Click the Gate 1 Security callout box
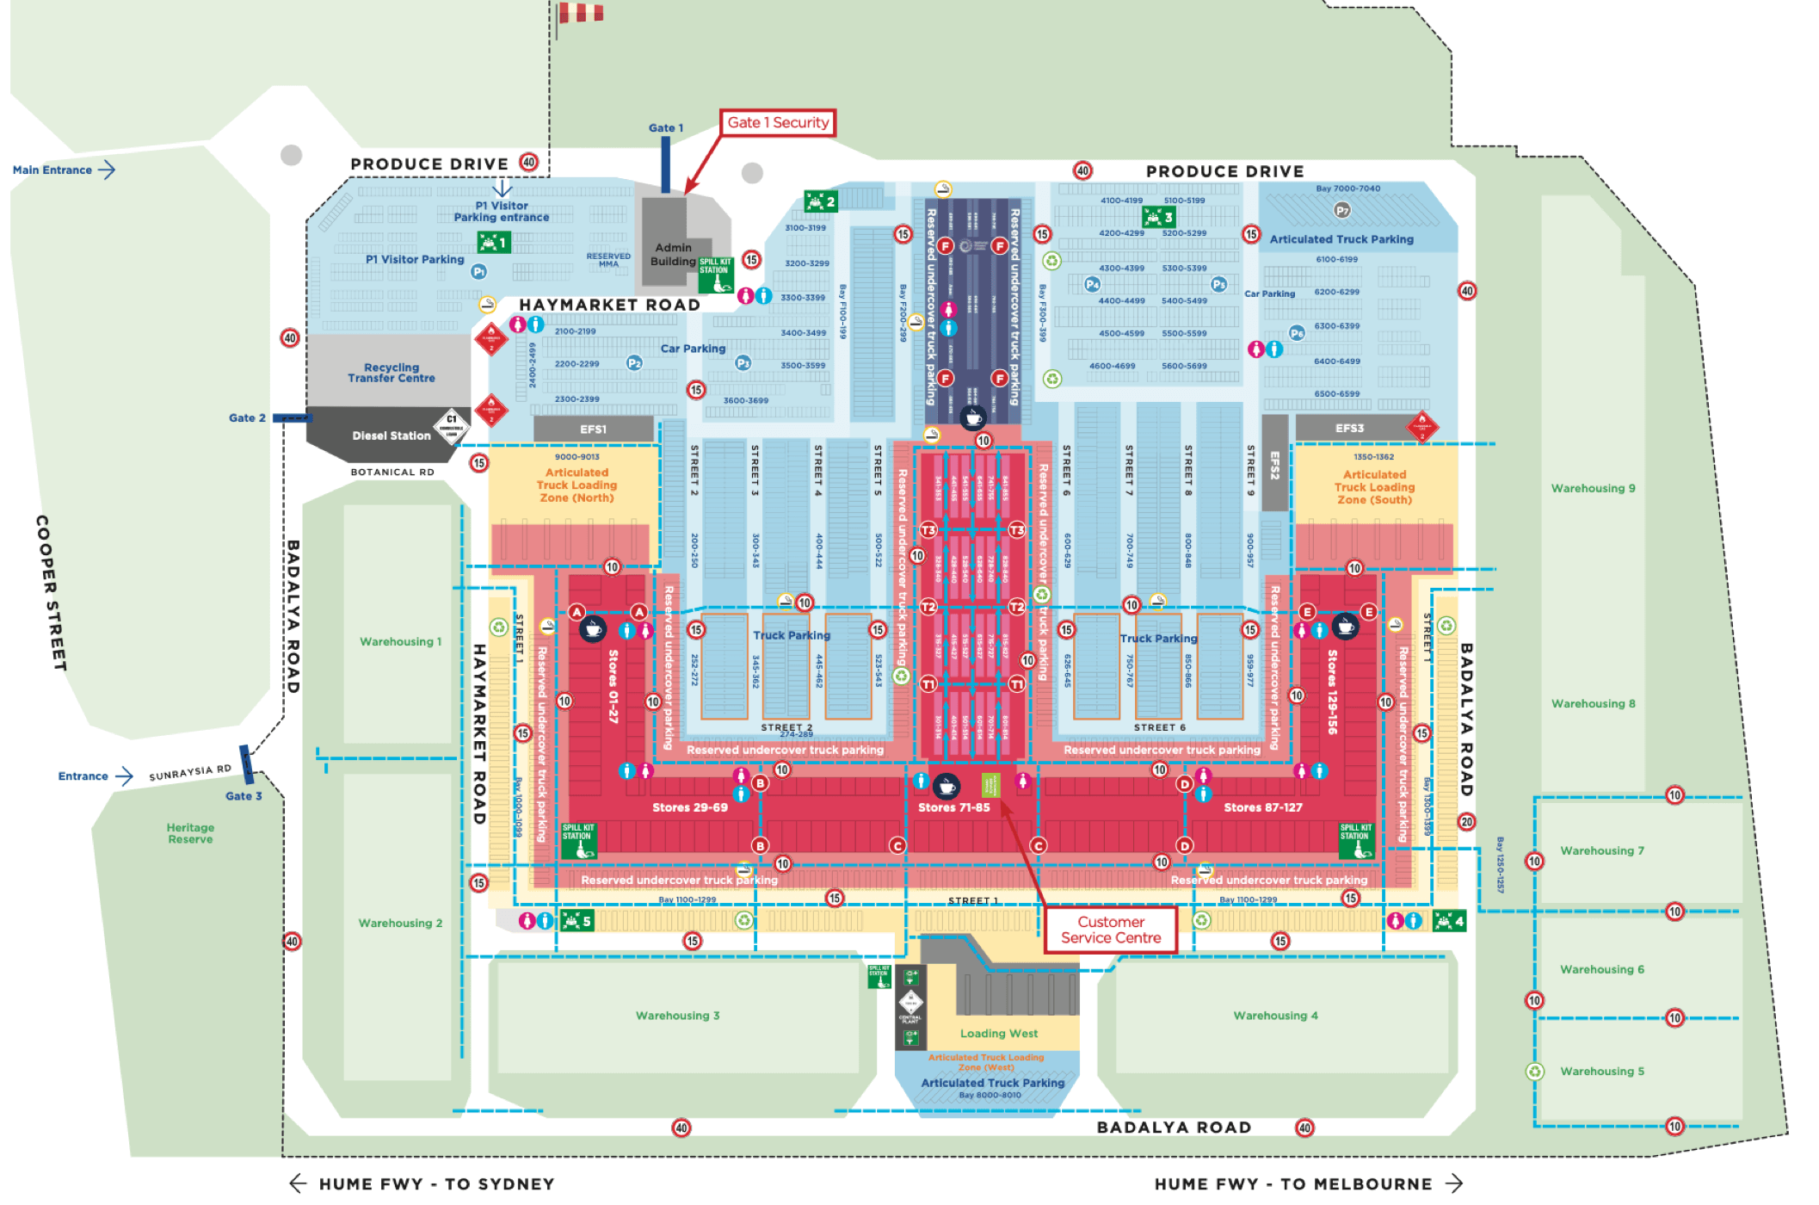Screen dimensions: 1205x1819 click(x=777, y=122)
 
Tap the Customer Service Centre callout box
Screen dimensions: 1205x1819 click(x=1110, y=930)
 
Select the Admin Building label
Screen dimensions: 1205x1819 click(x=673, y=254)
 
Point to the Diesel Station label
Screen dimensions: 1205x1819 click(x=391, y=436)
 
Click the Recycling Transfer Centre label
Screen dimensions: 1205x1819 click(x=392, y=373)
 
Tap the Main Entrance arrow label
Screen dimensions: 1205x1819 click(x=63, y=170)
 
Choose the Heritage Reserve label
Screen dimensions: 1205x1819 click(x=190, y=833)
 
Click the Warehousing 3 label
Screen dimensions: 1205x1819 click(x=677, y=1016)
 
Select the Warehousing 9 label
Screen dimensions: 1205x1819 click(x=1593, y=488)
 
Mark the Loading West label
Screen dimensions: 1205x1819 click(x=998, y=1034)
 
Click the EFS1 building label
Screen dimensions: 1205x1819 click(x=593, y=429)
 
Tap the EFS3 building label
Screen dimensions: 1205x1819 click(x=1349, y=428)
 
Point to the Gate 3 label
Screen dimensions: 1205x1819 click(x=244, y=796)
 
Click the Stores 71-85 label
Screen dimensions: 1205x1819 click(x=953, y=807)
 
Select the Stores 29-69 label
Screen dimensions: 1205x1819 click(x=689, y=807)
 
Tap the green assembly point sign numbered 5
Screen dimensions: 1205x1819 click(x=577, y=921)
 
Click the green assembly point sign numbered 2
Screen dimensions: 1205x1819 click(x=820, y=201)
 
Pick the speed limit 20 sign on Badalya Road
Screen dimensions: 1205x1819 click(x=1466, y=821)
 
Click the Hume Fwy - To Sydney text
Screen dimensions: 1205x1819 click(x=436, y=1184)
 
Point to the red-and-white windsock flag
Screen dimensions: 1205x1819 click(x=581, y=13)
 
